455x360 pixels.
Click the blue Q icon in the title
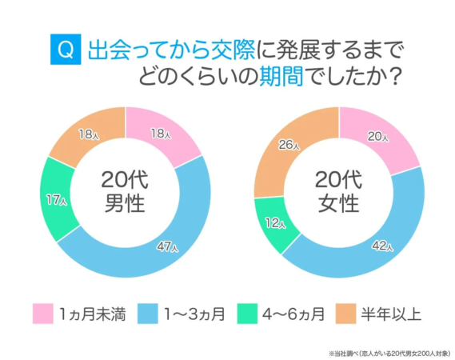point(65,50)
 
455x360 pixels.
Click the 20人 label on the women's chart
point(377,137)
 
